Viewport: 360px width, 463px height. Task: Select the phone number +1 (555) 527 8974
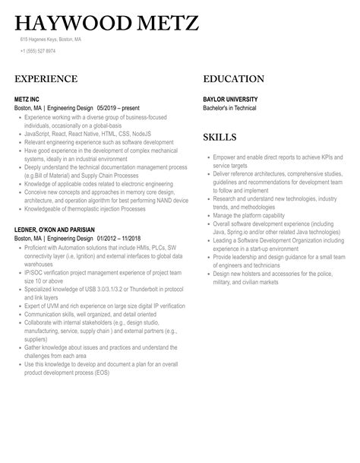tap(38, 52)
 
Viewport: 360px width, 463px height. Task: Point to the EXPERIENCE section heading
tap(46, 79)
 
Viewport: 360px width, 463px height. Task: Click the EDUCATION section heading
tap(234, 79)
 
